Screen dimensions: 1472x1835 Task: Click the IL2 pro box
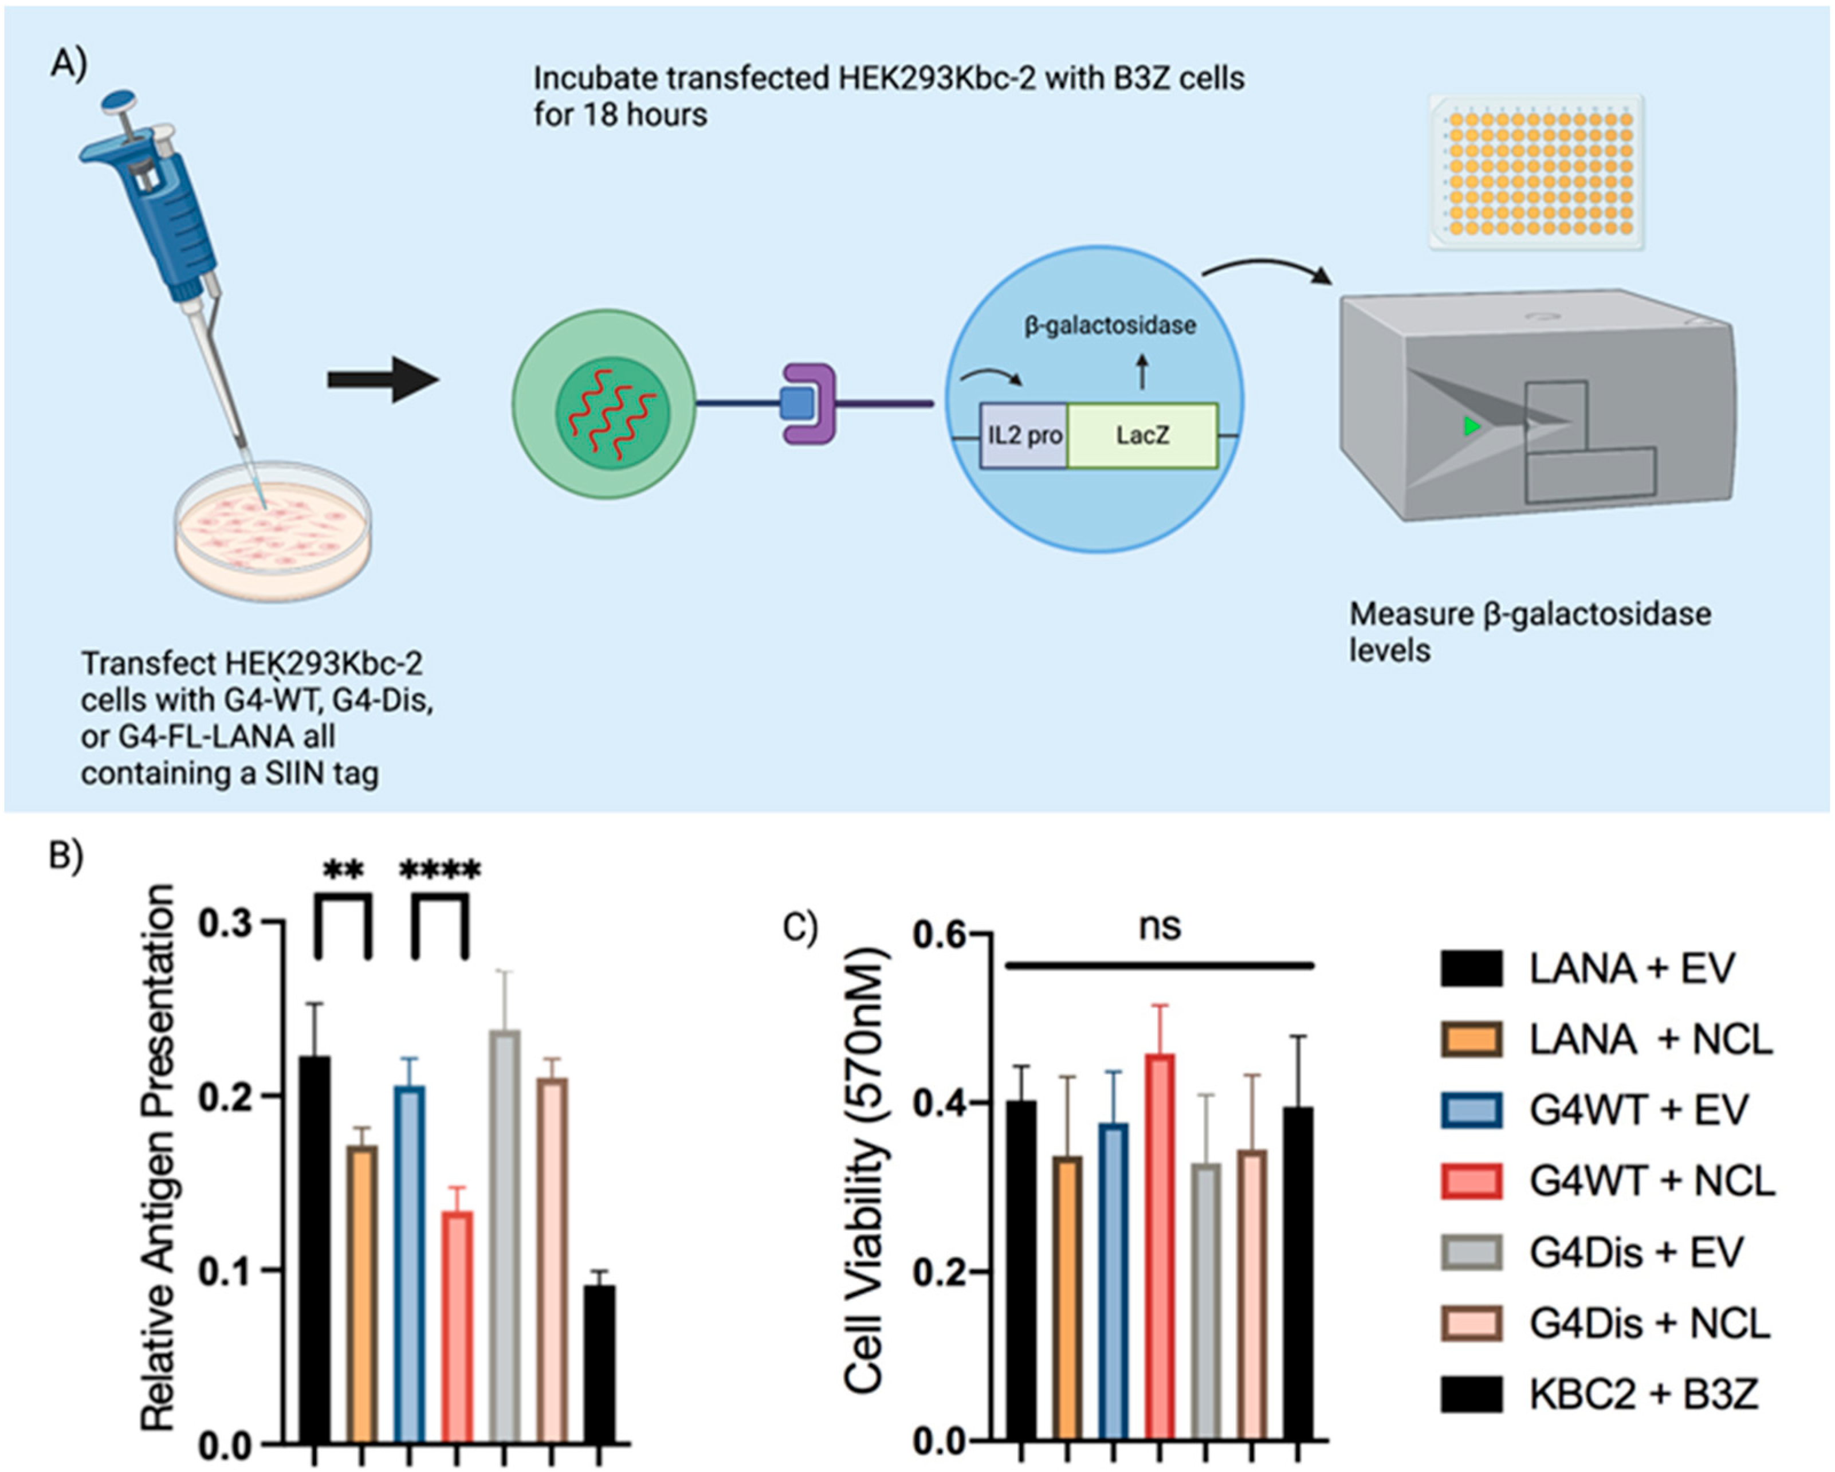click(1023, 435)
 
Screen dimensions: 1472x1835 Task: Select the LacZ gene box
click(1142, 435)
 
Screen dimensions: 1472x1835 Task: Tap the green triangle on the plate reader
click(1471, 426)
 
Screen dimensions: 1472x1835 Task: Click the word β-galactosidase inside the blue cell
click(1110, 325)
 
